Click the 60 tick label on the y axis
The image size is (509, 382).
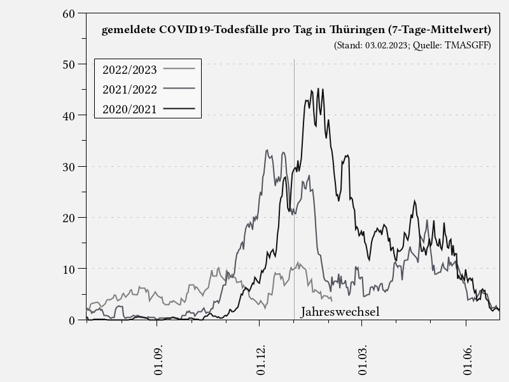69,13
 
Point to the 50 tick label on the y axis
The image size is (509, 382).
69,64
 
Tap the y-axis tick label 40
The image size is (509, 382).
69,115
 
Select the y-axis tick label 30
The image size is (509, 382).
69,166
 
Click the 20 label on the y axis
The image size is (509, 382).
69,217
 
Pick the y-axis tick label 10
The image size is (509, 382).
69,269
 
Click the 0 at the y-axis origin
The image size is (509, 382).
73,320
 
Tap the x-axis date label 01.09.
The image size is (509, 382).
158,361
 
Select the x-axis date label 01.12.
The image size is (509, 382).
260,361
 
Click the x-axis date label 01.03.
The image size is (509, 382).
363,361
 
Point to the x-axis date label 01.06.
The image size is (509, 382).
468,361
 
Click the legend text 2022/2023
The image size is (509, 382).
129,69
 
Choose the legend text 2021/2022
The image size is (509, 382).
129,89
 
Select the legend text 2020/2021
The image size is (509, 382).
129,109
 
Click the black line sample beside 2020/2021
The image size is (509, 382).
179,109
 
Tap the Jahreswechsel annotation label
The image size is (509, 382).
340,312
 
